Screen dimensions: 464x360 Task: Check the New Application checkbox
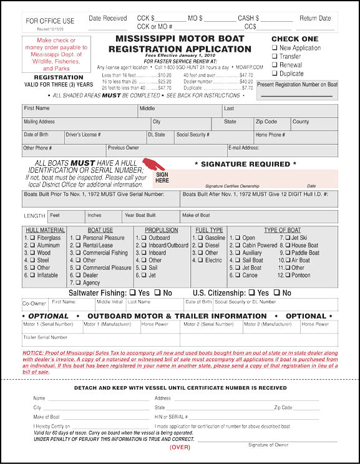(275, 48)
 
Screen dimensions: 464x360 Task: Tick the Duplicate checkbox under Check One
(275, 74)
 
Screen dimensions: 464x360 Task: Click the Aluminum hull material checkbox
(32, 246)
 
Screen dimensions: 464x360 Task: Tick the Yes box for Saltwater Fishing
(131, 292)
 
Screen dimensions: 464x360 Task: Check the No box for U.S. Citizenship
(277, 292)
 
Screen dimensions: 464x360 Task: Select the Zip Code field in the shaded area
(272, 125)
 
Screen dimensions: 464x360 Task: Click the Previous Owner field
(165, 151)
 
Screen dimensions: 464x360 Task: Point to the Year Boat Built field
(150, 218)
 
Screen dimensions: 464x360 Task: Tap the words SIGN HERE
(162, 178)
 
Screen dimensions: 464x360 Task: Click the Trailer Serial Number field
(100, 341)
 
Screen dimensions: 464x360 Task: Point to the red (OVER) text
(180, 447)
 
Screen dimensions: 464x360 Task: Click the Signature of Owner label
(268, 445)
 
